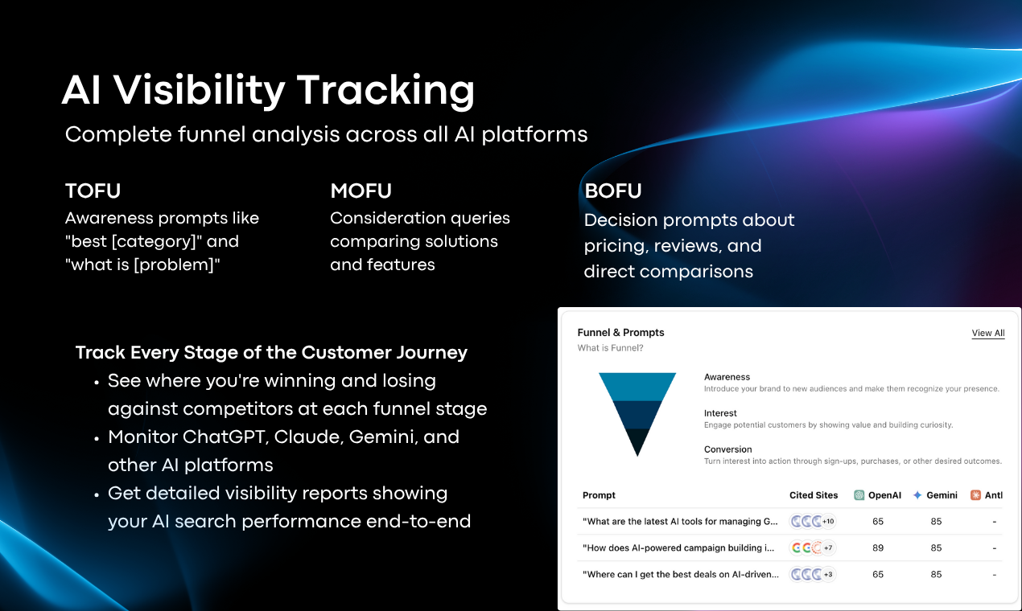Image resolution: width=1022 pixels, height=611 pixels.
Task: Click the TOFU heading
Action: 93,191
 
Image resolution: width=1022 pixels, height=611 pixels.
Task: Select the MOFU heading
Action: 361,191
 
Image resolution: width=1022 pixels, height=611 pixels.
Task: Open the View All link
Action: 987,333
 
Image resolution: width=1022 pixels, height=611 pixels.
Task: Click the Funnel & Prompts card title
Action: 620,332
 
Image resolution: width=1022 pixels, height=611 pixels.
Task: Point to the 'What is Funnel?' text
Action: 610,348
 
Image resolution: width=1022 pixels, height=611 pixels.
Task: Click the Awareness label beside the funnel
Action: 727,377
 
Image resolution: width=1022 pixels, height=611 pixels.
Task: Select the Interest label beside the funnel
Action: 720,413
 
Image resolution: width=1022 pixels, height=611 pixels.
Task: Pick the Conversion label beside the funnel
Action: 727,449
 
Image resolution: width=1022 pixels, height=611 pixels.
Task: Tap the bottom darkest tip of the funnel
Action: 637,443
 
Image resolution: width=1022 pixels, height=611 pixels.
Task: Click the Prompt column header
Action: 599,495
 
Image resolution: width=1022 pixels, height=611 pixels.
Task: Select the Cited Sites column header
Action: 814,495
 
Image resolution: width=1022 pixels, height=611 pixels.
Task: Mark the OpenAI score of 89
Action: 877,547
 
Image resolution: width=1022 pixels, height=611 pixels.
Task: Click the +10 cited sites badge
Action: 827,522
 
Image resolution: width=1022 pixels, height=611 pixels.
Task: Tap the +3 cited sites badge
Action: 827,574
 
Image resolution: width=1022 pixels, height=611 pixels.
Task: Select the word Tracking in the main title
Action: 385,90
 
